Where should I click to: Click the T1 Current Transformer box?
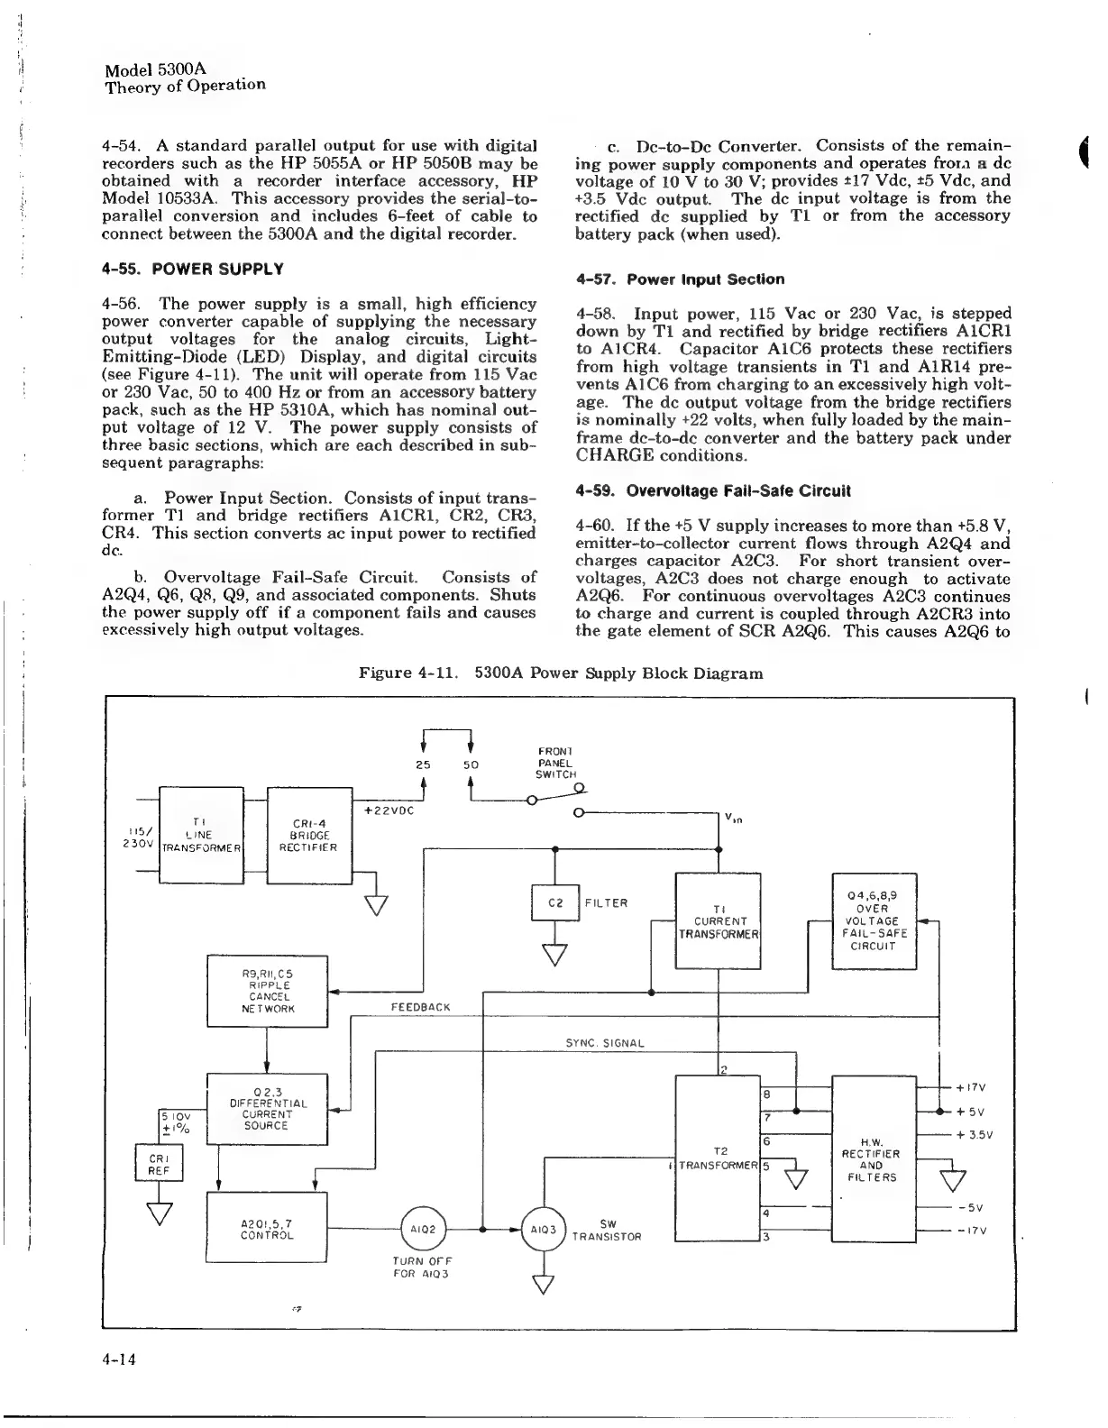[719, 920]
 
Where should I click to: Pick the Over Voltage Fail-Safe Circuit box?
[873, 920]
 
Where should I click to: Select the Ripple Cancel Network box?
[268, 991]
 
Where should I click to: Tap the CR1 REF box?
[159, 1163]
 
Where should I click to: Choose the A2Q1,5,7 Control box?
[267, 1228]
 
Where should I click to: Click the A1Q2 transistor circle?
[423, 1228]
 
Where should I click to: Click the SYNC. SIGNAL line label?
[605, 1043]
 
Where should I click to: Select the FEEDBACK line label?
[420, 1006]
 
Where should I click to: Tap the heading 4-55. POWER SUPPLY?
[194, 269]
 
